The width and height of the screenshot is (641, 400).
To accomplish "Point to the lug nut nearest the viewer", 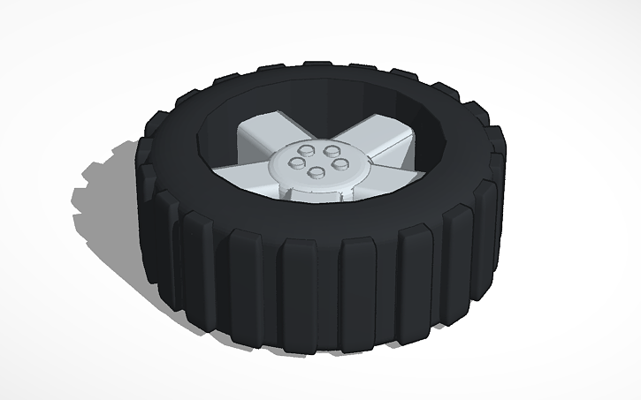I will click(314, 173).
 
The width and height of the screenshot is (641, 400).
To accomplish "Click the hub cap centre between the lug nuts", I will click(316, 162).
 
